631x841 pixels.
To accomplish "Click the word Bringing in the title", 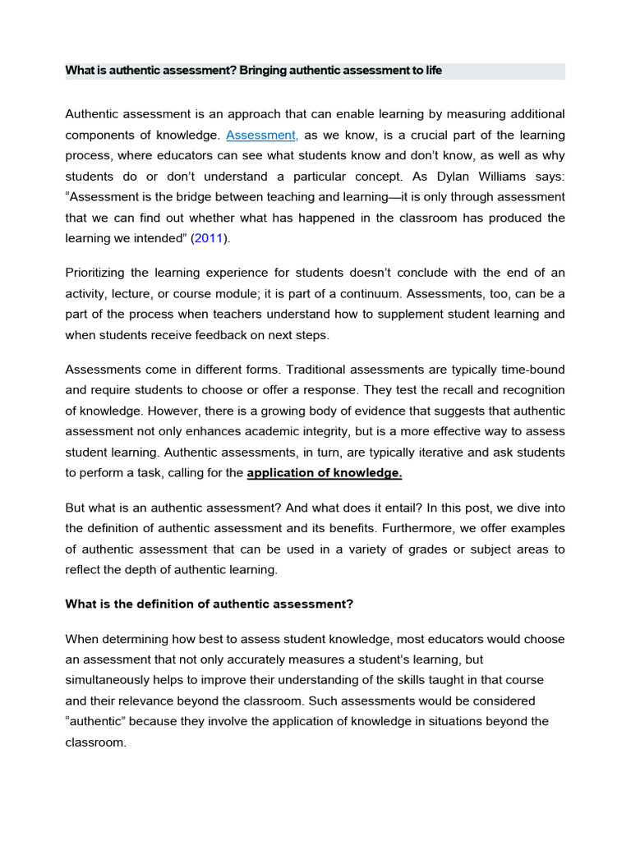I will pos(265,71).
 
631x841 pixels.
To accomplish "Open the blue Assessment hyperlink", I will pos(262,135).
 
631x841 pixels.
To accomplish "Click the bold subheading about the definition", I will pos(209,604).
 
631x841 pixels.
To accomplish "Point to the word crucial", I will pos(416,135).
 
